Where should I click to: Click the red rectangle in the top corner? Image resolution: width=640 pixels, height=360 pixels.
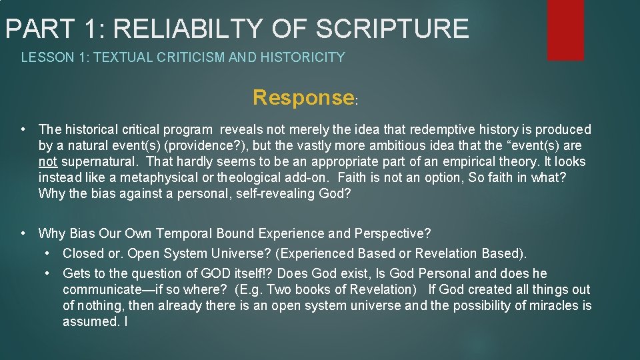(565, 29)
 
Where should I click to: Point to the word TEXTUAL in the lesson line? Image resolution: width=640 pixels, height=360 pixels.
(119, 57)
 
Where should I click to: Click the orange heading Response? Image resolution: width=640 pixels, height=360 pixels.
(303, 98)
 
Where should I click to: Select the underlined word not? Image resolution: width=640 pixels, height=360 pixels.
(47, 162)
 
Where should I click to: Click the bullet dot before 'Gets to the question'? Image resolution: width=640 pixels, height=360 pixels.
(49, 273)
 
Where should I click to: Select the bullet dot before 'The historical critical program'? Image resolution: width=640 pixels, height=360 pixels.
(23, 129)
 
